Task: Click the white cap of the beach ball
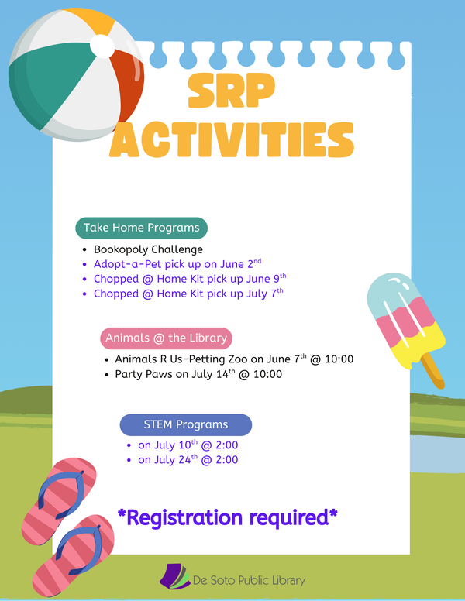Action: (102, 46)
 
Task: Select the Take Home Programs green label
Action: (141, 228)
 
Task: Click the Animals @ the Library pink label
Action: (166, 338)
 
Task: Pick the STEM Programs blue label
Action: (186, 424)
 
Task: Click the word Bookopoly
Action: (119, 250)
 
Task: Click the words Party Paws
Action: (143, 374)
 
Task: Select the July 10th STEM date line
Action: (188, 445)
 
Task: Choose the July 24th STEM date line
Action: (188, 459)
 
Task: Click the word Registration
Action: (185, 518)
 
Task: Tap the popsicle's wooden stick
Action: (432, 371)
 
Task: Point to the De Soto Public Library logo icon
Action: (175, 576)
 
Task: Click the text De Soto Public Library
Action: (249, 580)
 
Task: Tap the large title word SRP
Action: (232, 90)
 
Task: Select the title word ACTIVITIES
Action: (232, 139)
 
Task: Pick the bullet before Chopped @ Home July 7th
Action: (84, 294)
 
